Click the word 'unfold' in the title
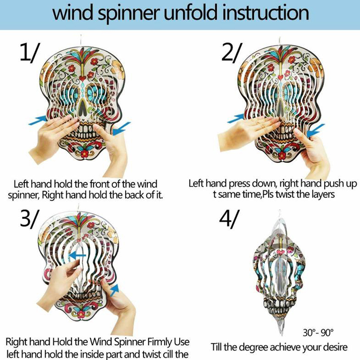(x=190, y=13)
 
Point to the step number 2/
(x=231, y=53)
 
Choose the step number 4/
(x=229, y=219)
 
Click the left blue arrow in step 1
(x=38, y=120)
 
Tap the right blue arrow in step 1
(x=121, y=129)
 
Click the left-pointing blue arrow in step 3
(x=77, y=255)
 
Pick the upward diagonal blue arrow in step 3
(x=115, y=290)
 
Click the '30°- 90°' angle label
(x=318, y=332)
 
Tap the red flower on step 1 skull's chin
(x=85, y=153)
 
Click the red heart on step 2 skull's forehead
(x=280, y=77)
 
